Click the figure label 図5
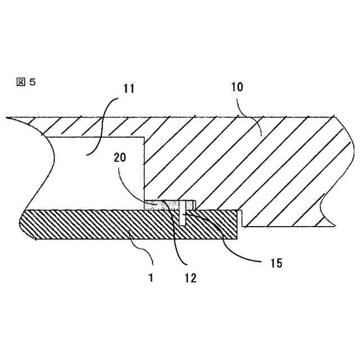click(x=26, y=82)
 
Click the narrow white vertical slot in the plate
click(x=184, y=216)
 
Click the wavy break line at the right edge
click(x=329, y=169)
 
